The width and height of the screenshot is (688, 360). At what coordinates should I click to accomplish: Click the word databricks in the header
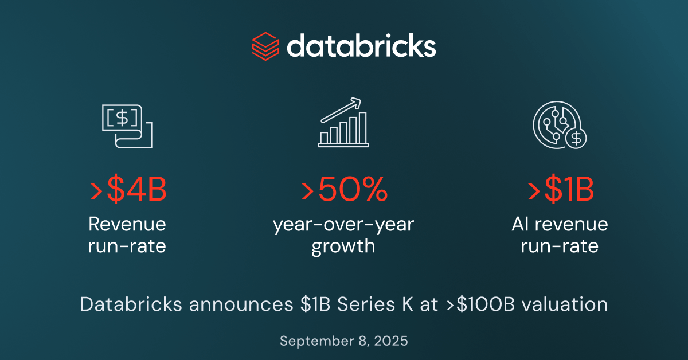(361, 46)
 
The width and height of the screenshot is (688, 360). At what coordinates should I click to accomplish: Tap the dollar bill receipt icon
(126, 127)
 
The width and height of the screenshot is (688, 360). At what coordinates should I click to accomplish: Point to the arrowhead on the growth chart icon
(358, 102)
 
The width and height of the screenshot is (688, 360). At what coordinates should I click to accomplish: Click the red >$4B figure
(128, 191)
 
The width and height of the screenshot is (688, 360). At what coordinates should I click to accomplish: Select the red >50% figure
(344, 191)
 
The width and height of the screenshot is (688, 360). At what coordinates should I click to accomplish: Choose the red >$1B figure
(560, 191)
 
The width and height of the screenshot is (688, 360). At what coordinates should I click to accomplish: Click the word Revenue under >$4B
(127, 224)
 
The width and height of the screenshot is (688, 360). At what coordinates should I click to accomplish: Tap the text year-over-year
(343, 224)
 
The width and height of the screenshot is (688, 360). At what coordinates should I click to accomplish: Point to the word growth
(343, 246)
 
